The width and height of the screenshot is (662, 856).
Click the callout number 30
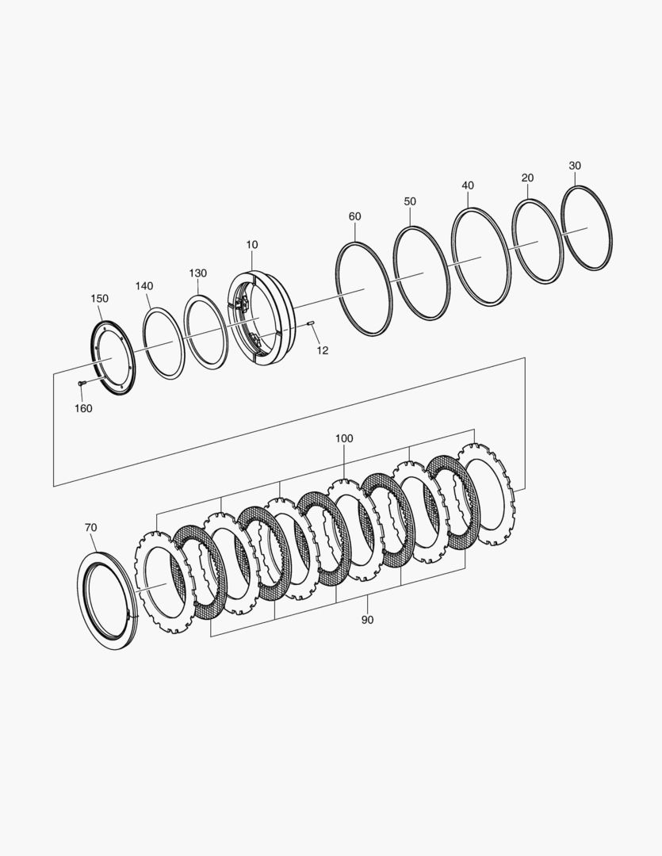[575, 166]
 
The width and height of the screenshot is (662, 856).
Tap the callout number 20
[527, 178]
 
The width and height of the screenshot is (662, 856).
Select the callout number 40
[468, 185]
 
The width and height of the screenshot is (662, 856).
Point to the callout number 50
[410, 201]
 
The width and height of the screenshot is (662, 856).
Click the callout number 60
[354, 216]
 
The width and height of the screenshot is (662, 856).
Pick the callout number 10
[251, 245]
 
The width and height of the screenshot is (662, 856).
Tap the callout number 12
[322, 350]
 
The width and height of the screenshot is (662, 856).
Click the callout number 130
[197, 273]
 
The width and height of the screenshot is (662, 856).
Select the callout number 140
[144, 285]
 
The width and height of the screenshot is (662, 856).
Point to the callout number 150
[99, 298]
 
